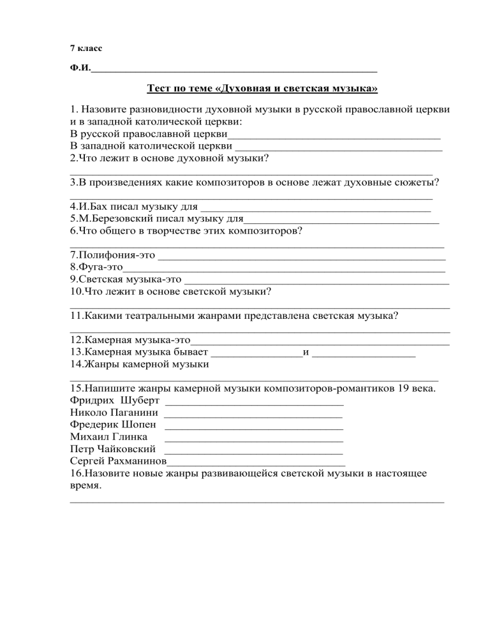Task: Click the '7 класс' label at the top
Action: pyautogui.click(x=85, y=48)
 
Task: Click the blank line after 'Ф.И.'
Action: pyautogui.click(x=234, y=70)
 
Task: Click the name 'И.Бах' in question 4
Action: pyautogui.click(x=88, y=207)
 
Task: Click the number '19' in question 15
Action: pyautogui.click(x=403, y=388)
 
